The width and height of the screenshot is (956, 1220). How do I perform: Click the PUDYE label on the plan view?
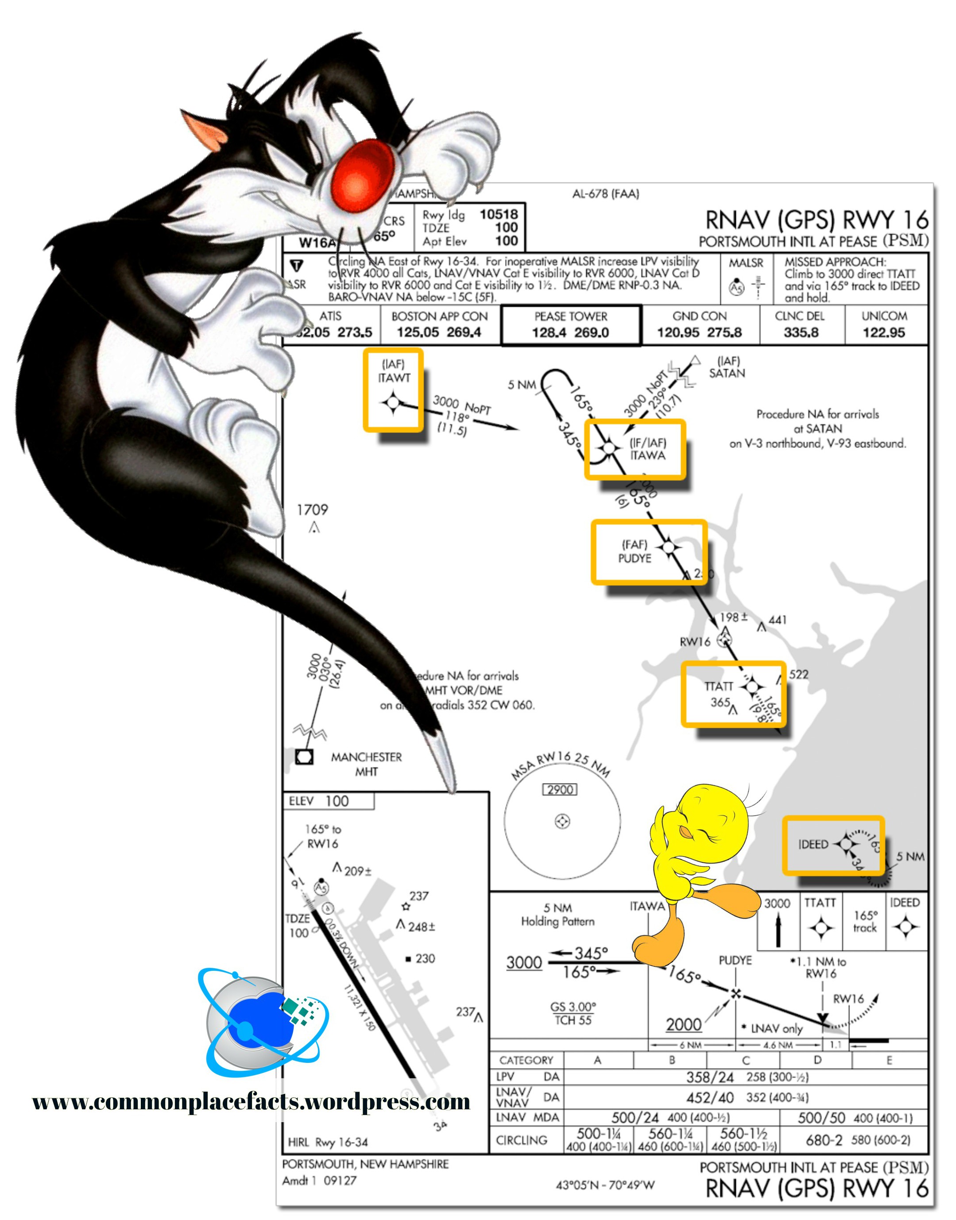click(x=634, y=558)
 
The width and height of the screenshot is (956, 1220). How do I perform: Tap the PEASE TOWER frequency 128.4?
click(x=549, y=332)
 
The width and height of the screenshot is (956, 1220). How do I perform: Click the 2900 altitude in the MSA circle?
click(x=560, y=790)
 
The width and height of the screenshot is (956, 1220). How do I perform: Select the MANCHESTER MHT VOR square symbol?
click(x=304, y=757)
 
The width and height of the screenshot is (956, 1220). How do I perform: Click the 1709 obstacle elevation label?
click(x=312, y=510)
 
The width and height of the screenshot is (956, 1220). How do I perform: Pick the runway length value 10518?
click(x=499, y=214)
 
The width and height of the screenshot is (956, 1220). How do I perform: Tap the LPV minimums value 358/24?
click(x=710, y=1077)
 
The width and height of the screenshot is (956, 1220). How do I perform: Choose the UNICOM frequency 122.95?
click(x=883, y=332)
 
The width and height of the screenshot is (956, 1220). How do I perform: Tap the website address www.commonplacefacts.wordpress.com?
click(x=252, y=1101)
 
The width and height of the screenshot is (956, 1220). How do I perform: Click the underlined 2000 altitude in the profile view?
click(x=683, y=1025)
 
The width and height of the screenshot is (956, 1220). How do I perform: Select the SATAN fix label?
click(x=727, y=373)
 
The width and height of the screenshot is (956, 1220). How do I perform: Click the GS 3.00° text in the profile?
click(x=573, y=1007)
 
